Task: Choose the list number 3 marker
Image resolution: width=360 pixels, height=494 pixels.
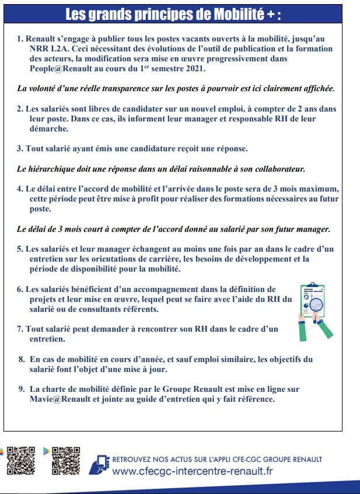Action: pyautogui.click(x=19, y=149)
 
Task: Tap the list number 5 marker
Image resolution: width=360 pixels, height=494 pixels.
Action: pyautogui.click(x=19, y=249)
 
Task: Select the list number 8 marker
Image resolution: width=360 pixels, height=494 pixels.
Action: pyautogui.click(x=22, y=359)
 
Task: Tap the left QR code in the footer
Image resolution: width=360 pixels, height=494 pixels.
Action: pyautogui.click(x=21, y=460)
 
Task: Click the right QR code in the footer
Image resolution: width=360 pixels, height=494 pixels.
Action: pyautogui.click(x=65, y=460)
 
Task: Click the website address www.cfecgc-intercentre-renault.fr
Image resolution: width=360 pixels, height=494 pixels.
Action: pyautogui.click(x=193, y=471)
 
